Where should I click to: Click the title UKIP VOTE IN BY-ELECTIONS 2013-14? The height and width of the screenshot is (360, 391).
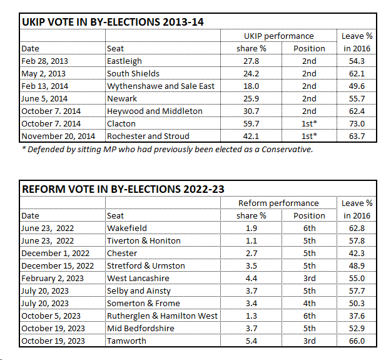pyautogui.click(x=113, y=22)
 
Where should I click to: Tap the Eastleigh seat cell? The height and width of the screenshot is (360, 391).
pyautogui.click(x=124, y=61)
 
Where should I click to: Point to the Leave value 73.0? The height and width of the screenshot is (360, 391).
pyautogui.click(x=357, y=124)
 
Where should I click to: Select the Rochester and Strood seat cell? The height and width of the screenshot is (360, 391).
pyautogui.click(x=148, y=136)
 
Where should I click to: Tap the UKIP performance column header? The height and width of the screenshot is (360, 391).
pyautogui.click(x=278, y=36)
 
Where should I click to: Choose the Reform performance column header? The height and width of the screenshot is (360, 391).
pyautogui.click(x=278, y=203)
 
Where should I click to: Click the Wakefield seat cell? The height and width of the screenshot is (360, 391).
pyautogui.click(x=126, y=229)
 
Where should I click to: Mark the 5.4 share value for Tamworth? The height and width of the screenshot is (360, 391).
pyautogui.click(x=253, y=341)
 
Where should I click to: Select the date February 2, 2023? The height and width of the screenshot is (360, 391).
pyautogui.click(x=51, y=278)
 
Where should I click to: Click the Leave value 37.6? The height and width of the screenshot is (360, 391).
pyautogui.click(x=357, y=316)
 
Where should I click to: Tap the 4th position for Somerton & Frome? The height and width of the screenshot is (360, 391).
pyautogui.click(x=309, y=303)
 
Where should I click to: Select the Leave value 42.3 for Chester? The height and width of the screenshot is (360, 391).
pyautogui.click(x=357, y=253)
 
